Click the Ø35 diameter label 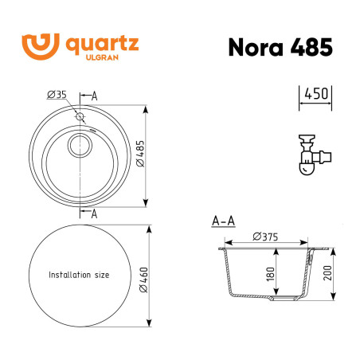point(56,95)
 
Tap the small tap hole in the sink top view point(80,117)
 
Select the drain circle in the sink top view point(79,145)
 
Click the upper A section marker point(94,95)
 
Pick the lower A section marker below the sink point(94,213)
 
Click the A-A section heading point(223,221)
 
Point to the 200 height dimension point(327,275)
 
